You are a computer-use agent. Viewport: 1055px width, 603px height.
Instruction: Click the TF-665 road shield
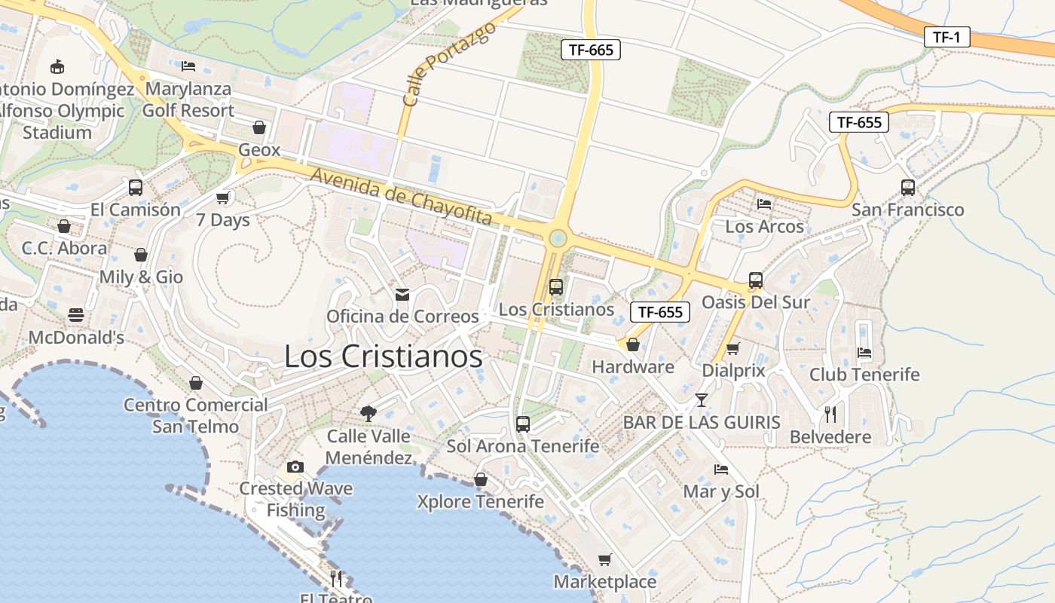(x=591, y=51)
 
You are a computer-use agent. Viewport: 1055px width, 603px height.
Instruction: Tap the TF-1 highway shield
(x=946, y=37)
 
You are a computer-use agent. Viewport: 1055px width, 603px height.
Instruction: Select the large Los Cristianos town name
(x=383, y=357)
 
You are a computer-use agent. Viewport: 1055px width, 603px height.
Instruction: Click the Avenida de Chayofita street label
(x=402, y=197)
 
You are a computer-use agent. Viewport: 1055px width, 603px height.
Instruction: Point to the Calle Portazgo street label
(x=449, y=63)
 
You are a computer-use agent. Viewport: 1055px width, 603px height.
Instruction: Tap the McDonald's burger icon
(x=75, y=315)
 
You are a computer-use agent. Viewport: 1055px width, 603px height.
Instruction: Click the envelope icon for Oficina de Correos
(x=402, y=294)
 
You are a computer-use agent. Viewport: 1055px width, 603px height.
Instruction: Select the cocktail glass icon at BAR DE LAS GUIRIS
(x=702, y=399)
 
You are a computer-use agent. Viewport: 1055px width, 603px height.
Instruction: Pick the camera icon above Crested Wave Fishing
(x=295, y=467)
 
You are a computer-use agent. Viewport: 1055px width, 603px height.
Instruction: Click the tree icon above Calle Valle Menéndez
(x=368, y=413)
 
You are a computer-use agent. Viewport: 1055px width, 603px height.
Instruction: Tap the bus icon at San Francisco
(x=907, y=187)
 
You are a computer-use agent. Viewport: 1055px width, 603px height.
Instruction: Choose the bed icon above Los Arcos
(x=764, y=204)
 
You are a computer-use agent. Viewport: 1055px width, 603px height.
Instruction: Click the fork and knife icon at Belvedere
(x=830, y=414)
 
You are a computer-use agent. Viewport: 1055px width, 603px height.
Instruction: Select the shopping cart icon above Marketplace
(x=604, y=559)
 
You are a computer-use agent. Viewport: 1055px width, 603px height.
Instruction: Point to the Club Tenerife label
(x=864, y=375)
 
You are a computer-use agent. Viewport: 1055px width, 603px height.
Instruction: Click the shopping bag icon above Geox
(x=259, y=127)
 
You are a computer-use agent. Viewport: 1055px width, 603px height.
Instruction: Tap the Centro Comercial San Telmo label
(x=196, y=415)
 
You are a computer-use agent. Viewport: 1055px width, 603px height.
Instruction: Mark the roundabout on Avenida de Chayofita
(x=558, y=239)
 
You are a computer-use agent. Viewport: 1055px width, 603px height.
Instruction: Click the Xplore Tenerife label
(x=481, y=501)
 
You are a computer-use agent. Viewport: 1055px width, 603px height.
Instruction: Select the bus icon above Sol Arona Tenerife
(x=523, y=424)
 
